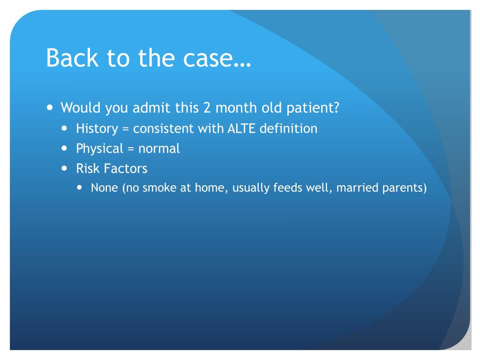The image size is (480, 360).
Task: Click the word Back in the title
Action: (72, 58)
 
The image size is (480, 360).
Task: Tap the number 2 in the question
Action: (207, 108)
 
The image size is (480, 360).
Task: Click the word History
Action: (97, 128)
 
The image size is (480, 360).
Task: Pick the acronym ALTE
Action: (241, 128)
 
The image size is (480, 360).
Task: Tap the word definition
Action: (289, 128)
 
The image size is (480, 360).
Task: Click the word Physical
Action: (99, 149)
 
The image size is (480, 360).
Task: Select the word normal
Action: (159, 149)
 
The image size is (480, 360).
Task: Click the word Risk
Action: (88, 168)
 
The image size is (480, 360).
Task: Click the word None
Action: (105, 187)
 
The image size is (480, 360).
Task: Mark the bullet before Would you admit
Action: (50, 108)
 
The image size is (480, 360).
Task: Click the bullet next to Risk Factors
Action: (64, 168)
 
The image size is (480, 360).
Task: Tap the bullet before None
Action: (80, 187)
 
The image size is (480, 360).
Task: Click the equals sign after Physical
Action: (131, 149)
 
